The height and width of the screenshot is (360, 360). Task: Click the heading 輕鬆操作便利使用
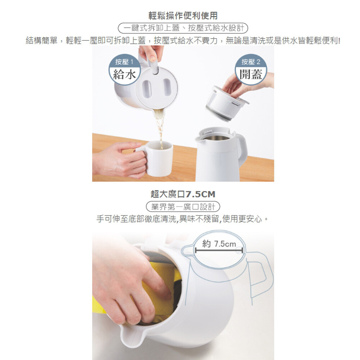pos(183,15)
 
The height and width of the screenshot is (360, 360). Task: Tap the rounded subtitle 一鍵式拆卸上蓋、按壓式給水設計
pos(183,28)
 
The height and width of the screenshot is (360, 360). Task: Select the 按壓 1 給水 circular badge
pos(124,69)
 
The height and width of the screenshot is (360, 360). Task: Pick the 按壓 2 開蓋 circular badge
pos(251,69)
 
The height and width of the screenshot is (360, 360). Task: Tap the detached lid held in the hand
pos(226,103)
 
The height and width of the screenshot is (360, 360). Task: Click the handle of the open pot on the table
pos(241,147)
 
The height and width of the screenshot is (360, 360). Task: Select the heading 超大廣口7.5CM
pos(183,194)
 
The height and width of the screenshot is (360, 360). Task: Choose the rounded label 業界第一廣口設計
pos(183,207)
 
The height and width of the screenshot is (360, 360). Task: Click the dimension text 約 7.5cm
pos(219,244)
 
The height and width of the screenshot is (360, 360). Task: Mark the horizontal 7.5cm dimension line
pos(219,251)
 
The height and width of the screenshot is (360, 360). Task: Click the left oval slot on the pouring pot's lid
pos(147,89)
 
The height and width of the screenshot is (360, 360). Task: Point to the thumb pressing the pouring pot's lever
pos(152,55)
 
